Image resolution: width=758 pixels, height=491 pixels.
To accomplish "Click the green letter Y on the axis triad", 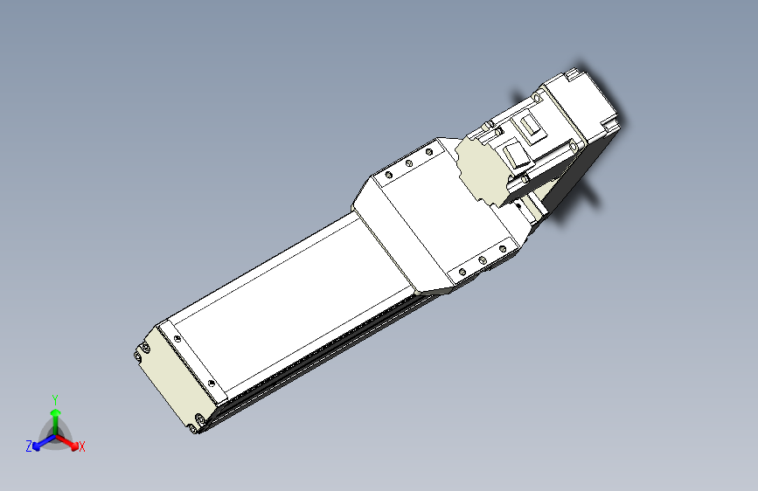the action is click(x=55, y=400).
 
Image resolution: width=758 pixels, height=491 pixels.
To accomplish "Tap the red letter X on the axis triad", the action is click(x=81, y=446).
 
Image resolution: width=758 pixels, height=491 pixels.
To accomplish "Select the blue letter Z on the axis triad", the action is click(x=29, y=446).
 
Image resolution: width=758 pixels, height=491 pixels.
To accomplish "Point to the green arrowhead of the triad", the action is click(x=56, y=412).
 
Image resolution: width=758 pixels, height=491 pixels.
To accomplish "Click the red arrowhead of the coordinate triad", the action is click(x=73, y=446).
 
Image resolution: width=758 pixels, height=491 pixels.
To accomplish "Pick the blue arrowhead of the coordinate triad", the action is click(x=37, y=446).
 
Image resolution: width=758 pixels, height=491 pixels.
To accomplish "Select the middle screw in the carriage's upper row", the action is click(x=408, y=163).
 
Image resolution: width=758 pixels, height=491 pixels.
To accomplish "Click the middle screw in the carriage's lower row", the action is click(x=482, y=260).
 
